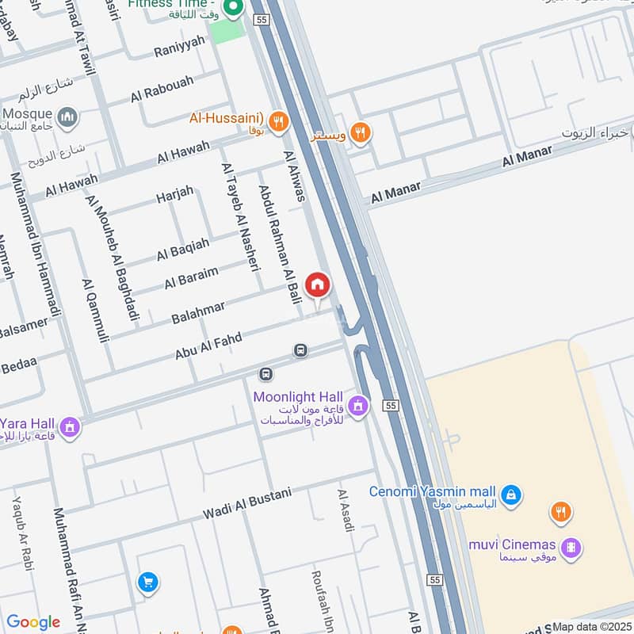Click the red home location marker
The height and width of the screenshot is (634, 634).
pos(317,285)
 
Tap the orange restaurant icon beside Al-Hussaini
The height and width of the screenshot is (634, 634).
pos(277,121)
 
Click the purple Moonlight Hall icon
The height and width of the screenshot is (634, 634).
pos(357,407)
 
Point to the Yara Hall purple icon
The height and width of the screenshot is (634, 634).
pos(70,428)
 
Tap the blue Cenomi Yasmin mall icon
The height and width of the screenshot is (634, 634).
pos(512,495)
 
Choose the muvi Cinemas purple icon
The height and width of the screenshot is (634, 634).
pos(570,547)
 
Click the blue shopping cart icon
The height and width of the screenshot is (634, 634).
pos(147,582)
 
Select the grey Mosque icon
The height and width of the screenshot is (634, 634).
pos(69,118)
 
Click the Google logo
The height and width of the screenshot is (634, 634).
pos(33,622)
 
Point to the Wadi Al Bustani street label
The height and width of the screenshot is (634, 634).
pos(246,503)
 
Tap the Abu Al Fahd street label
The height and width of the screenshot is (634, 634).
pos(208,347)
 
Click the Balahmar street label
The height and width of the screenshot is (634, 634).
pos(198,312)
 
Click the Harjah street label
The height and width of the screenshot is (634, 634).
pos(174,194)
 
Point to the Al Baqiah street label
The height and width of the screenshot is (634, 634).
pos(183,249)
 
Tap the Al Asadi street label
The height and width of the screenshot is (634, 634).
pos(346,510)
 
